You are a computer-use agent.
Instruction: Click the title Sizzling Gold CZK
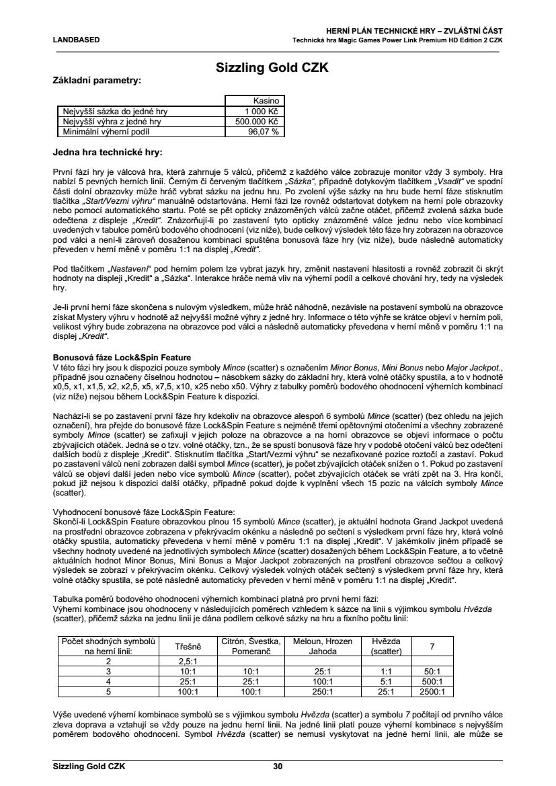coord(277,68)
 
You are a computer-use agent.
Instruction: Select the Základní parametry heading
coord(97,81)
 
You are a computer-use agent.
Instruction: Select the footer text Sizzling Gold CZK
coord(89,767)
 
